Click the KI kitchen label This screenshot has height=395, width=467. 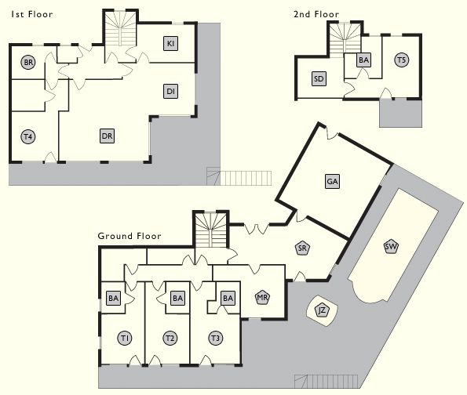pyautogui.click(x=170, y=43)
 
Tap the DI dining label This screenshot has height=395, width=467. pyautogui.click(x=170, y=91)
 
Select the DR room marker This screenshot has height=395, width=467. pyautogui.click(x=107, y=136)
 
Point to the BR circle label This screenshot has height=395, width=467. pyautogui.click(x=28, y=63)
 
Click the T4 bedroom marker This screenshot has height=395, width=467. pyautogui.click(x=28, y=137)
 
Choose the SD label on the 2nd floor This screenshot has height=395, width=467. pyautogui.click(x=319, y=79)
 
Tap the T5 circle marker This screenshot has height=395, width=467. pyautogui.click(x=401, y=60)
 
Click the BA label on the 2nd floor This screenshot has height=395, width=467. pyautogui.click(x=363, y=60)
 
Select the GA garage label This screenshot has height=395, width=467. pyautogui.click(x=332, y=182)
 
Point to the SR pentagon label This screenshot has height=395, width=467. pyautogui.click(x=302, y=248)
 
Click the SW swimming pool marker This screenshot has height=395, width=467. pyautogui.click(x=391, y=246)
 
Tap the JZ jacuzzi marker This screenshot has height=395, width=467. pyautogui.click(x=322, y=310)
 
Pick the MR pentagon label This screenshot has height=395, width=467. pyautogui.click(x=262, y=297)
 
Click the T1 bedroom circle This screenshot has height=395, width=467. pyautogui.click(x=125, y=339)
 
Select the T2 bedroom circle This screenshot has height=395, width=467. pyautogui.click(x=170, y=339)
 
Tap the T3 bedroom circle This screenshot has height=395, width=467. pyautogui.click(x=215, y=339)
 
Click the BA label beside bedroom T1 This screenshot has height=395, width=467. pyautogui.click(x=114, y=298)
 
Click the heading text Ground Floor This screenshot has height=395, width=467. pyautogui.click(x=130, y=236)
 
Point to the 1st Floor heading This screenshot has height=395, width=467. pyautogui.click(x=32, y=14)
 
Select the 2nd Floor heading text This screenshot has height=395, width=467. pyautogui.click(x=316, y=14)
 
